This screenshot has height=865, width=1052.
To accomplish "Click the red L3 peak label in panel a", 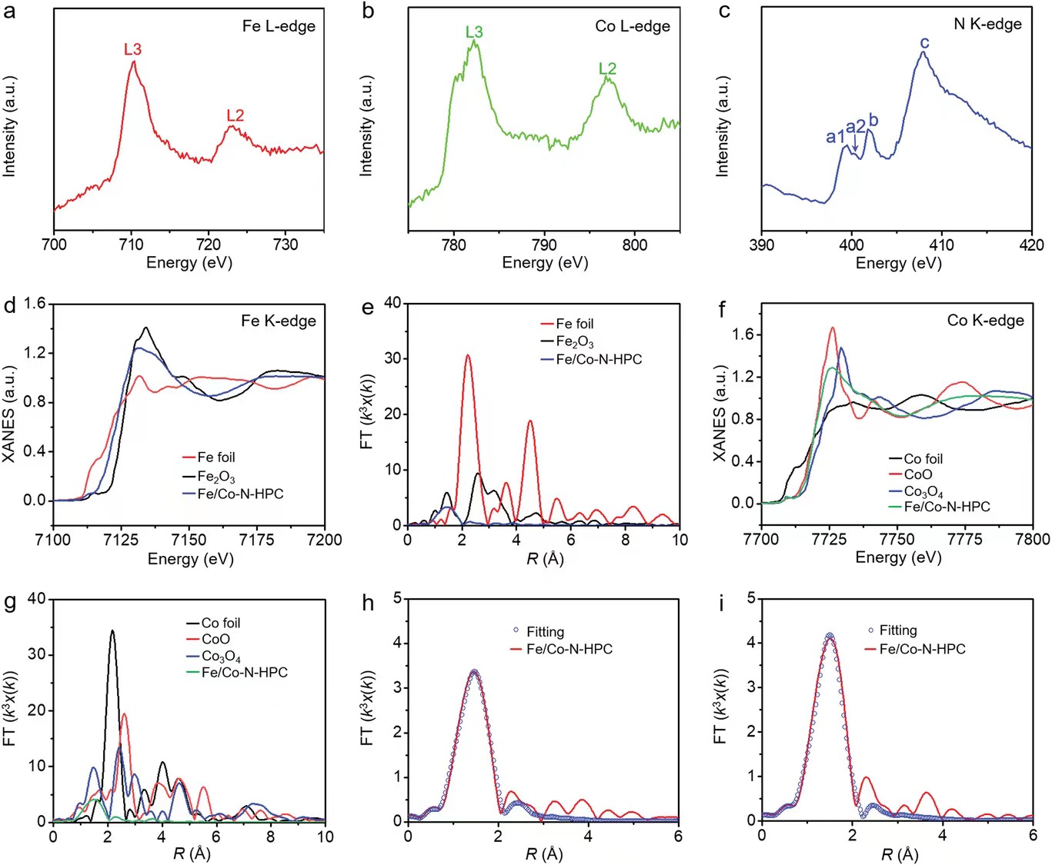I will tap(132, 49).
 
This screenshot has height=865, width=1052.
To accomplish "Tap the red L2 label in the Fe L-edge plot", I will tap(235, 115).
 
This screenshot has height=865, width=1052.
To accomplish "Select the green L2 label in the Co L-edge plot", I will tap(607, 68).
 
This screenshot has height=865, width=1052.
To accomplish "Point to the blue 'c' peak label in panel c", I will tap(924, 43).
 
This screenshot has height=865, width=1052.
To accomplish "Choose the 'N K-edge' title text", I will tap(987, 24).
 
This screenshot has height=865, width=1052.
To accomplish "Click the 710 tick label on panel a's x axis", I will tap(132, 245).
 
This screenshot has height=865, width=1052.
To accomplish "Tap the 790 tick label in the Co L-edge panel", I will tap(544, 245).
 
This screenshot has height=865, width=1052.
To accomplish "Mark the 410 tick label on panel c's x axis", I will tap(941, 245).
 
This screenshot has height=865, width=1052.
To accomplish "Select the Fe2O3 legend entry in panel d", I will tap(215, 477).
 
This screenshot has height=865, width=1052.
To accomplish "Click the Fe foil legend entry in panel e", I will tap(574, 324).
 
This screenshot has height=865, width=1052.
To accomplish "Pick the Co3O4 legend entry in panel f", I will tap(923, 491).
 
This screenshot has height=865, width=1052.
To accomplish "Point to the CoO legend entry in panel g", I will tap(215, 639).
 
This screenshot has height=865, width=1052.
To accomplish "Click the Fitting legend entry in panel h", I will tap(545, 631).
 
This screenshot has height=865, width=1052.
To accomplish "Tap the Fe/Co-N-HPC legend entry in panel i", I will tap(922, 649).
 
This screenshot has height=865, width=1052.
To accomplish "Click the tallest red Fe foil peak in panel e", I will tap(467, 355).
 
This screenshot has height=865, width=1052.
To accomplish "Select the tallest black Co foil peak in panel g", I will tap(112, 631).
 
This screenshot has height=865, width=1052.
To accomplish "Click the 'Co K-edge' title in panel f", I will tap(985, 320).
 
